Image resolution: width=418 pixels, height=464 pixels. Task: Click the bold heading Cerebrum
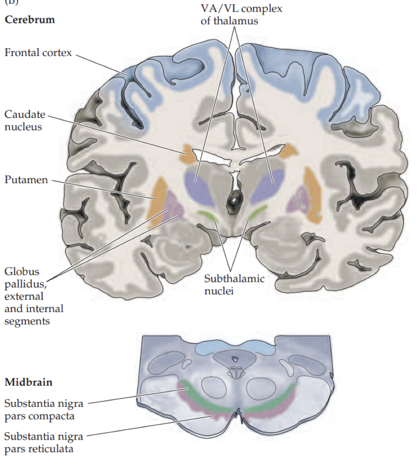[x=30, y=21]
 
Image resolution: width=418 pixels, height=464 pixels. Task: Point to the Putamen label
[x=26, y=180]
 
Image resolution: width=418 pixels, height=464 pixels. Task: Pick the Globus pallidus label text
[x=33, y=296]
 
